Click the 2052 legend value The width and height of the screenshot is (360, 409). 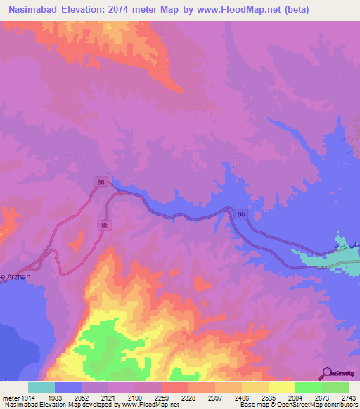pos(95,397)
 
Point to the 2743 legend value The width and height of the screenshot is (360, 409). pos(348,397)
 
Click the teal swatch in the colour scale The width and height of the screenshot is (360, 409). pos(41,387)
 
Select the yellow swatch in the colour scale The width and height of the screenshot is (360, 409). pos(281,387)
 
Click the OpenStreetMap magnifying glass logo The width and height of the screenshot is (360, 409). pos(326,374)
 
